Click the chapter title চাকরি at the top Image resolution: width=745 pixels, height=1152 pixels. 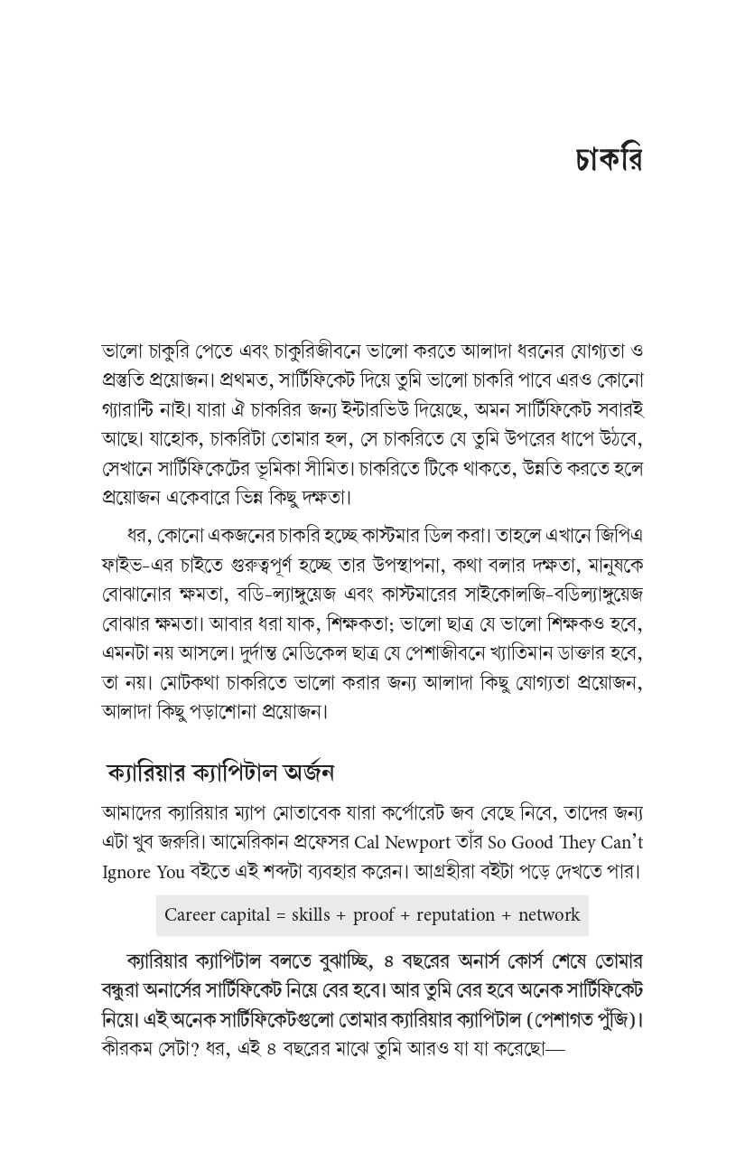point(608,160)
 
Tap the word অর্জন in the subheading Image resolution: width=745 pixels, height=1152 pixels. point(308,773)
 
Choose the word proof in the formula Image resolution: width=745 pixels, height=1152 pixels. point(374,915)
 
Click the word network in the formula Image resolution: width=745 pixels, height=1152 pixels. point(549,915)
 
